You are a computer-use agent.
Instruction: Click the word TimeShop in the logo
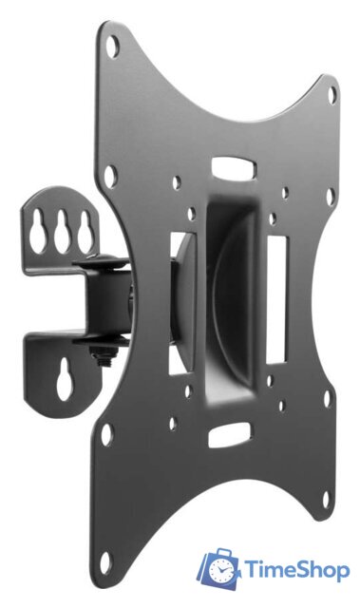point(297,570)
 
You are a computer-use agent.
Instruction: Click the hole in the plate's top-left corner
point(112,47)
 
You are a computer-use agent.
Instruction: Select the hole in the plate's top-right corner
point(332,95)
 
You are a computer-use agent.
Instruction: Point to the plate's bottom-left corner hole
point(105,562)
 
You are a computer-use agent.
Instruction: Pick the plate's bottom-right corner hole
point(327,499)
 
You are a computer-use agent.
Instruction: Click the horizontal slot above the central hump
point(234,167)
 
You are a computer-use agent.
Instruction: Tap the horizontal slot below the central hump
point(230,435)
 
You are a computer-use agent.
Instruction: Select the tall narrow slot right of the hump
point(276,300)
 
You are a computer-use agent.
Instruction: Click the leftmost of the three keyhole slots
point(39,232)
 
